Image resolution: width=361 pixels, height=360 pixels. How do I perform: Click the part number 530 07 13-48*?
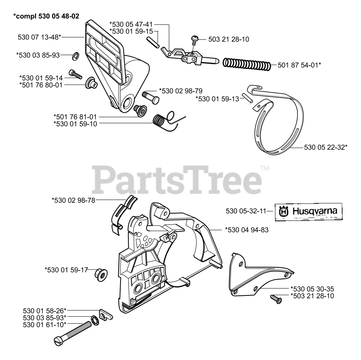tap(39, 37)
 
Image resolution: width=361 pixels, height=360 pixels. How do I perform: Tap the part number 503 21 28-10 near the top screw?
tap(229, 39)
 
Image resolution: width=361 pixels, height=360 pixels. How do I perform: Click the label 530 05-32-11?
tap(246, 211)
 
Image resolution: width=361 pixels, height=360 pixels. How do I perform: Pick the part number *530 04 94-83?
tap(247, 230)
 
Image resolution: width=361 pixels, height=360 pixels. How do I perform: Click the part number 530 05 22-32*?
tap(326, 147)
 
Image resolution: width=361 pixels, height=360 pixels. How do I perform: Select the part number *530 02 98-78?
tap(73, 200)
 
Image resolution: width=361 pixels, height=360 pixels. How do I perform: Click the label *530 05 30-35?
tap(312, 289)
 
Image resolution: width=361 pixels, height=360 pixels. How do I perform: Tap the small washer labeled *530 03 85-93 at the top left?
tap(75, 56)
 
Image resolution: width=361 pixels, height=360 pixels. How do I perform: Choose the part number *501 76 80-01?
tap(41, 85)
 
